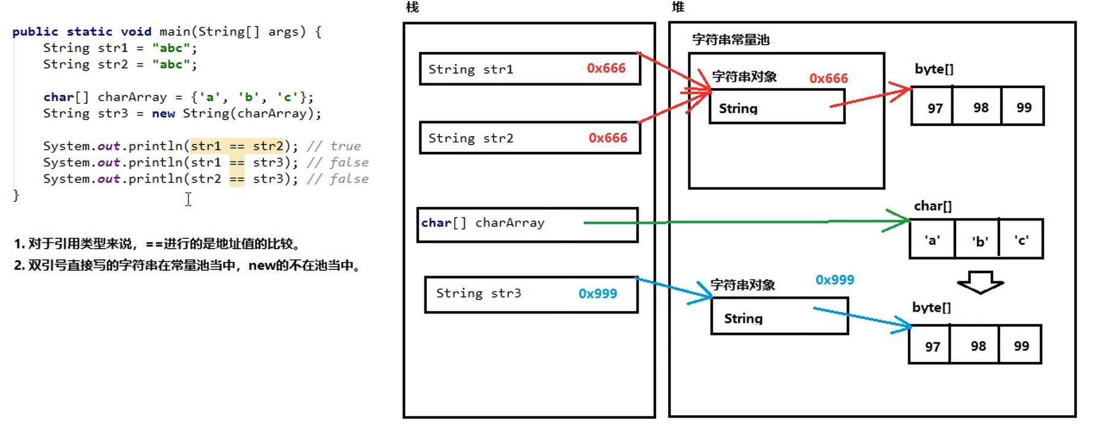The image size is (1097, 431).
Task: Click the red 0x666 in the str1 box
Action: point(606,68)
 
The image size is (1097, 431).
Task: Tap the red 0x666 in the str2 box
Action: point(608,138)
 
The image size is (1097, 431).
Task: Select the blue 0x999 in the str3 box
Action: point(598,293)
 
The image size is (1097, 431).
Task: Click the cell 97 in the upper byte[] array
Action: point(932,107)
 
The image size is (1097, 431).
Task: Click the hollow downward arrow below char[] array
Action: point(980,282)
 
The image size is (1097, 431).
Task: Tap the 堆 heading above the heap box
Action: point(678,7)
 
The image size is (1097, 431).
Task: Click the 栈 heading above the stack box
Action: point(412,7)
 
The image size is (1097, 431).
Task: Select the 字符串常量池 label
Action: point(731,40)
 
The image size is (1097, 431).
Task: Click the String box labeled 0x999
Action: point(780,316)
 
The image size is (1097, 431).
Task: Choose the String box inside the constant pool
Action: point(777,107)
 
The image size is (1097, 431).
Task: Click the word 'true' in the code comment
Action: point(345,146)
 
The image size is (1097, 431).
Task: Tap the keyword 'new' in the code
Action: point(164,113)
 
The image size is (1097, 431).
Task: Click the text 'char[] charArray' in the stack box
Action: point(483,223)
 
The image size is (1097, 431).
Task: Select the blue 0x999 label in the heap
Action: point(834,280)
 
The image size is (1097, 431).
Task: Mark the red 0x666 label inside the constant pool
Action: point(829,78)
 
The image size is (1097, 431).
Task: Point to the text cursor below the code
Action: point(189,199)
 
